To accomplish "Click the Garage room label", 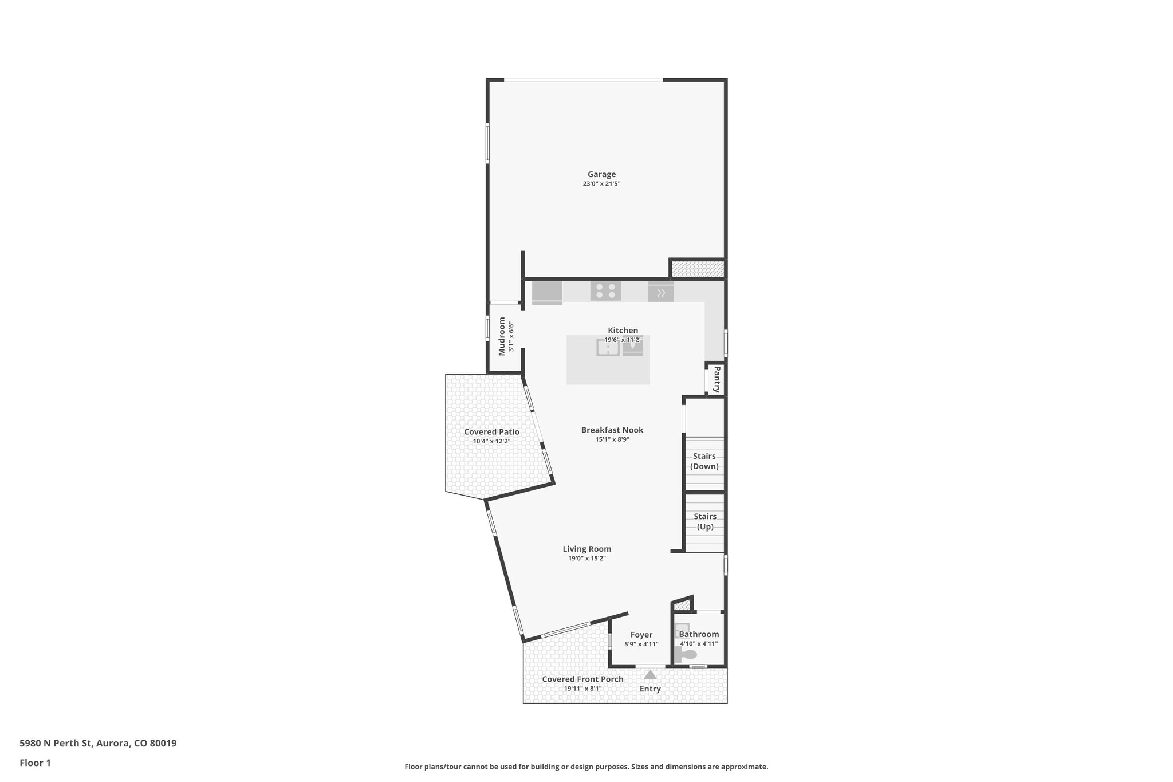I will (601, 174).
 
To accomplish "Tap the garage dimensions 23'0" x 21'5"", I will (601, 184).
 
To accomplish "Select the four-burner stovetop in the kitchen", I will (605, 290).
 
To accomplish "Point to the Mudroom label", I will (502, 336).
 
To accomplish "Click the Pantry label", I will (717, 379).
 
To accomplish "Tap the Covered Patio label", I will (491, 432).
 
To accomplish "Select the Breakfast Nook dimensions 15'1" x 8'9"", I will (612, 439).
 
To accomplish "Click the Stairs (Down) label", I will (704, 461).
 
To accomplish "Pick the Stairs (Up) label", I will (704, 521).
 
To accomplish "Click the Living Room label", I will (586, 548).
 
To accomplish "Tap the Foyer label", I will (641, 635).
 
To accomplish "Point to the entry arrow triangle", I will (650, 675).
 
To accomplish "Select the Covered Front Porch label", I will (582, 679).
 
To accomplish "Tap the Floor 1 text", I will (35, 763).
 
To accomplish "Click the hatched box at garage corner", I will (697, 269).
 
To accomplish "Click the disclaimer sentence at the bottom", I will (586, 767).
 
